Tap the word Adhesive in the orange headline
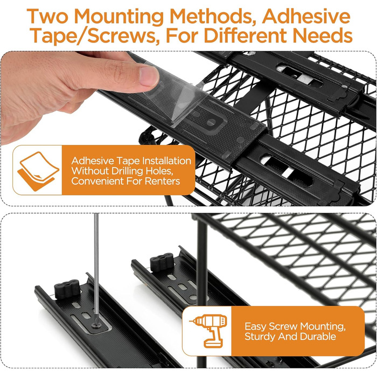pyautogui.click(x=306, y=16)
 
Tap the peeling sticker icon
pyautogui.click(x=38, y=171)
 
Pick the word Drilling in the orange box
pyautogui.click(x=128, y=171)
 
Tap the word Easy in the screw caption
pyautogui.click(x=255, y=327)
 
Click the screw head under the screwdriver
pyautogui.click(x=96, y=325)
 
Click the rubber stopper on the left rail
pyautogui.click(x=67, y=289)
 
